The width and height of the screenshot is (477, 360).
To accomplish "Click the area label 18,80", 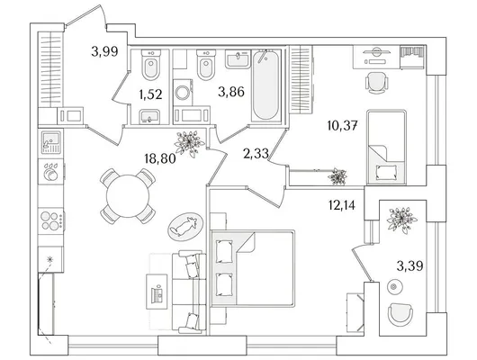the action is click(x=160, y=158).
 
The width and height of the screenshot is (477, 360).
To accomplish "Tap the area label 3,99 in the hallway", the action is click(x=104, y=51).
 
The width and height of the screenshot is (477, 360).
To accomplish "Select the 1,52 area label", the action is click(x=150, y=94).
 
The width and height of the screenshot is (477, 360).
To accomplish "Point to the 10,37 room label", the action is click(x=342, y=125).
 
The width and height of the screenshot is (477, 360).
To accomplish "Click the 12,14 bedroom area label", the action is click(x=342, y=205).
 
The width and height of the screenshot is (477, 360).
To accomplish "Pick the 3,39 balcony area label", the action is click(x=409, y=266).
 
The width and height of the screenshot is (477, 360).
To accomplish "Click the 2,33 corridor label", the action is click(x=256, y=154).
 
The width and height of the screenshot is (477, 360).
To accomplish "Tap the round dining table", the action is click(x=128, y=196).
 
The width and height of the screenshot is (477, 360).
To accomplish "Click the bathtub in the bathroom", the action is click(x=265, y=85).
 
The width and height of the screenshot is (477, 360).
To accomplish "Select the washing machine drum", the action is click(x=183, y=92).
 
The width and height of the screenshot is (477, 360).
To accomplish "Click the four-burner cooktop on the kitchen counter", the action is click(x=50, y=220).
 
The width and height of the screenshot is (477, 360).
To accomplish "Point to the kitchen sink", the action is click(x=50, y=142).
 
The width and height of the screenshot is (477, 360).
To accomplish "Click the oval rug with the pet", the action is click(x=185, y=227).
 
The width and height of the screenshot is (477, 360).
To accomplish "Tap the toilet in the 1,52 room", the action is click(x=151, y=66).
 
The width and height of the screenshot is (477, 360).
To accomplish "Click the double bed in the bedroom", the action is click(x=253, y=269).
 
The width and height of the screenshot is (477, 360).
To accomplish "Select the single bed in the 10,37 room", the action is click(x=386, y=147).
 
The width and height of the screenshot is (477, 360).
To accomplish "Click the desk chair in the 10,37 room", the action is click(x=376, y=83).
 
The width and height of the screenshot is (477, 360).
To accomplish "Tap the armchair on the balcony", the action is click(x=400, y=314).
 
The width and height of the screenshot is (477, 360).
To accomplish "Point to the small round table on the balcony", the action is click(x=394, y=287).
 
